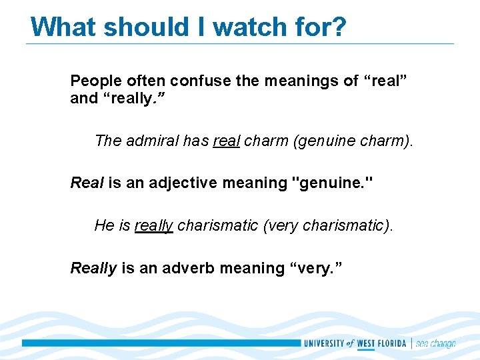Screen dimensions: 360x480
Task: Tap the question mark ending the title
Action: pos(339,27)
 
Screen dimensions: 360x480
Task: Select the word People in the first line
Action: pos(95,81)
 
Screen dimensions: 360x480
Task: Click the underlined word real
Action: pos(226,141)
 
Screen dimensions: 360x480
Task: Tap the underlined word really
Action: pos(153,225)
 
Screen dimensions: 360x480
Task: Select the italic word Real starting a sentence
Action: pos(87,183)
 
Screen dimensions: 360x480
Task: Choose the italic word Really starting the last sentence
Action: pos(93,268)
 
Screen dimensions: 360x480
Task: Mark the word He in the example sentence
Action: pos(105,225)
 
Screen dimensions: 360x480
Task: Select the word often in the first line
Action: pos(144,81)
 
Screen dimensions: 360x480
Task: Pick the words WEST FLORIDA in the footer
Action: pos(383,343)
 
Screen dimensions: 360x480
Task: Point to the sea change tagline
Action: pos(435,343)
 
